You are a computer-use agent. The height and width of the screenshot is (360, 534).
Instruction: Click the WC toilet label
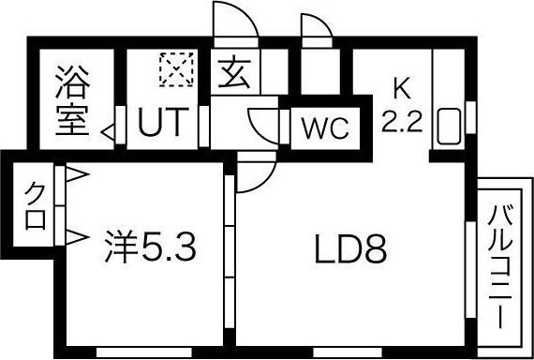tap(323, 127)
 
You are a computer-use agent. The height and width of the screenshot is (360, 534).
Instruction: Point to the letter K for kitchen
tap(401, 90)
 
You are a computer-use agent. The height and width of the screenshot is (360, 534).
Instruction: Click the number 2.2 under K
tap(401, 120)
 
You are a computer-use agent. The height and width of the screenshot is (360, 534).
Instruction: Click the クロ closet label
tap(35, 206)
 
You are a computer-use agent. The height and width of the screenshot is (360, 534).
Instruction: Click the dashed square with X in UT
tap(173, 69)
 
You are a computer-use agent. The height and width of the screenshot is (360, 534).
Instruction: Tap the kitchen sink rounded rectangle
tap(448, 128)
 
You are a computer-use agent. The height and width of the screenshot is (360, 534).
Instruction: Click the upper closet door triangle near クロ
tap(76, 174)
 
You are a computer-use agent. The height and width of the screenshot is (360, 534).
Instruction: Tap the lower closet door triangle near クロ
tap(76, 234)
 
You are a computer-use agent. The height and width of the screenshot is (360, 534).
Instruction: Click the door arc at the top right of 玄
tap(317, 26)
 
